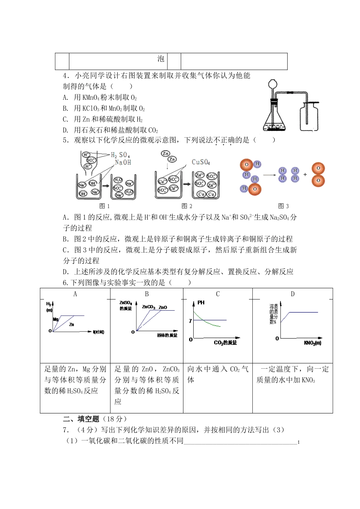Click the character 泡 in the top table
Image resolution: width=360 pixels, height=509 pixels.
point(161,59)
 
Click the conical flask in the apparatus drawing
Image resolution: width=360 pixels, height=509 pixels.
point(274,118)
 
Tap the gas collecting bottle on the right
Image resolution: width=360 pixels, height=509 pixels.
point(310,117)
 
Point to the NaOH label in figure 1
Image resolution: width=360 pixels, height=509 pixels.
point(123,163)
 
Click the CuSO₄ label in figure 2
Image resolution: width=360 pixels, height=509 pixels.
point(201,162)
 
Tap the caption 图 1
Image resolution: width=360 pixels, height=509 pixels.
point(104,206)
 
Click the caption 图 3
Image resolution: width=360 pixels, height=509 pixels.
point(283,206)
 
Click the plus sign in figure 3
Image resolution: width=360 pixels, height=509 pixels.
point(305,175)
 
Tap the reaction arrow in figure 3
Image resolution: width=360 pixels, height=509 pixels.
point(269,175)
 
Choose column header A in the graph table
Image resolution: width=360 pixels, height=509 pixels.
point(75,294)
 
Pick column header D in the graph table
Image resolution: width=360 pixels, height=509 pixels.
point(293,294)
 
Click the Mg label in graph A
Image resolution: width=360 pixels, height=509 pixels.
point(56,319)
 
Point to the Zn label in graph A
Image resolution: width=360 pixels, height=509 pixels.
point(72,325)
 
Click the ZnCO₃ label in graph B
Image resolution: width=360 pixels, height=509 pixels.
point(149,307)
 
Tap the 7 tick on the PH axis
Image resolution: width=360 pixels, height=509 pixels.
point(190,321)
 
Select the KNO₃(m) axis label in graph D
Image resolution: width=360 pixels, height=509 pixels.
point(313,343)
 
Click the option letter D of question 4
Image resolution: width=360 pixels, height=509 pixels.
point(65,130)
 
